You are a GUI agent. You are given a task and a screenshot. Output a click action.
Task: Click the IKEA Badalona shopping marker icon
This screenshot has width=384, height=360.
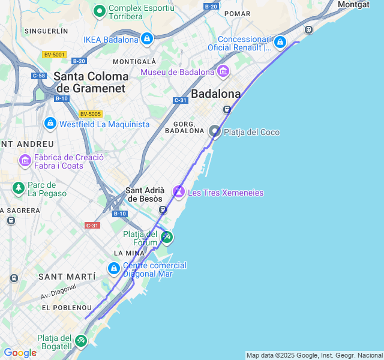(x=147, y=39)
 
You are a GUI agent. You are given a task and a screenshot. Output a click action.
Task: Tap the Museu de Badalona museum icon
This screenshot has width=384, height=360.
(x=223, y=71)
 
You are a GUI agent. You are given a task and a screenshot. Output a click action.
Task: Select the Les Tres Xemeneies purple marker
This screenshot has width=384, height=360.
(x=179, y=192)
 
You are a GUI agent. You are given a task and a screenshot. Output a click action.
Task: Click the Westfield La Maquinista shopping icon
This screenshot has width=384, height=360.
(x=50, y=124)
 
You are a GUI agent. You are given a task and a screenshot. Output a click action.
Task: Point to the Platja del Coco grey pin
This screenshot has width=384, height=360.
(x=215, y=131)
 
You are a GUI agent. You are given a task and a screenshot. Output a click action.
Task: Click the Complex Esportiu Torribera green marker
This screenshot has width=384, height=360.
(x=99, y=11)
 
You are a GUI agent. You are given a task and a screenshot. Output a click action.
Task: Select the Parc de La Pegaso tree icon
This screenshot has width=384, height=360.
(x=19, y=188)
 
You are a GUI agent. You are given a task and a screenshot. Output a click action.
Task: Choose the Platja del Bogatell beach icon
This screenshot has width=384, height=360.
(x=81, y=341)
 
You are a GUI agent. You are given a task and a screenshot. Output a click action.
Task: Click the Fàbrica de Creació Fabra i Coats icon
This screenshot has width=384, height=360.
(x=25, y=160)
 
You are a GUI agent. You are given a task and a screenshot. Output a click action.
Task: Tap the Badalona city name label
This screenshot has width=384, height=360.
(x=215, y=94)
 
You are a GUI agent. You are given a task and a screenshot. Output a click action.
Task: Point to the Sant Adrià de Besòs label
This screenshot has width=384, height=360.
(x=144, y=194)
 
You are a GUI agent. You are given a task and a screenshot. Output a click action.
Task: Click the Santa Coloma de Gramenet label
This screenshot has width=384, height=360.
(x=91, y=82)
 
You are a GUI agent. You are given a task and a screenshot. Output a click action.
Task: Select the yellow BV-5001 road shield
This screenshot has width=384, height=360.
(x=54, y=55)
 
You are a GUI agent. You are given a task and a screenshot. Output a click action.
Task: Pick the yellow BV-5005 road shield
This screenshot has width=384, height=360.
(x=91, y=113)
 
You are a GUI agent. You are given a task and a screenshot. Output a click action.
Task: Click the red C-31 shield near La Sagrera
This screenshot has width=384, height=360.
(x=92, y=225)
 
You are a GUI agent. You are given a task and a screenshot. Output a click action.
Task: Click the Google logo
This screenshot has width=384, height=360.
(x=20, y=353)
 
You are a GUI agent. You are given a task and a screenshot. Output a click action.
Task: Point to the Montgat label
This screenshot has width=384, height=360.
(x=355, y=4)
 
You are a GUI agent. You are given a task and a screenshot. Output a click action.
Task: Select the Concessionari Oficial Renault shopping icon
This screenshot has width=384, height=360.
(x=280, y=42)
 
